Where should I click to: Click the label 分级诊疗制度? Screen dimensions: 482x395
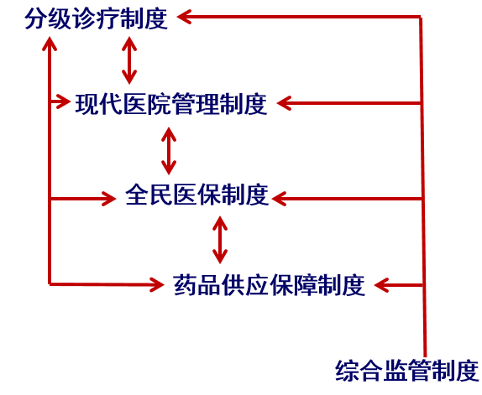pyautogui.click(x=97, y=19)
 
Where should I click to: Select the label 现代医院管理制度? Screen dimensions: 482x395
pyautogui.click(x=171, y=104)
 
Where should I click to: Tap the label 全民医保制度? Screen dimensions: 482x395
pyautogui.click(x=197, y=195)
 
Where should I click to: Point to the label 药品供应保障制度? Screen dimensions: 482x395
pyautogui.click(x=270, y=285)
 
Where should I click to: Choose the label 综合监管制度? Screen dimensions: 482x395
pyautogui.click(x=407, y=371)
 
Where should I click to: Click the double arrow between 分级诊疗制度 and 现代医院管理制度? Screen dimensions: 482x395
pyautogui.click(x=129, y=60)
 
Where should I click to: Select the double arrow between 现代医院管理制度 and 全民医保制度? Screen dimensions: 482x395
pyautogui.click(x=169, y=151)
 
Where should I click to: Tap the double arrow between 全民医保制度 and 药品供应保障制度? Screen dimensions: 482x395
pyautogui.click(x=220, y=240)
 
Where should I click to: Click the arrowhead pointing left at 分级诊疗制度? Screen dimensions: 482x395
pyautogui.click(x=184, y=17)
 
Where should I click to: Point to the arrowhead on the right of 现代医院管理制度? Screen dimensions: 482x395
pyautogui.click(x=284, y=103)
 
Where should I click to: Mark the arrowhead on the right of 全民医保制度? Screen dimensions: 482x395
pyautogui.click(x=279, y=199)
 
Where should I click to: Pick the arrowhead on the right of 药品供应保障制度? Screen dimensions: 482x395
pyautogui.click(x=381, y=285)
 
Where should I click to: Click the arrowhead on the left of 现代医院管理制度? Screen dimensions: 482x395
pyautogui.click(x=63, y=101)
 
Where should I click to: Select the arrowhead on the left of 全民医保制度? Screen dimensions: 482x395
pyautogui.click(x=109, y=199)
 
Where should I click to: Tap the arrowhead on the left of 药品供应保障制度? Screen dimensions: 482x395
pyautogui.click(x=157, y=285)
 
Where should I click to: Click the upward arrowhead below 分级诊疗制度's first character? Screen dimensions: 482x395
pyautogui.click(x=50, y=44)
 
